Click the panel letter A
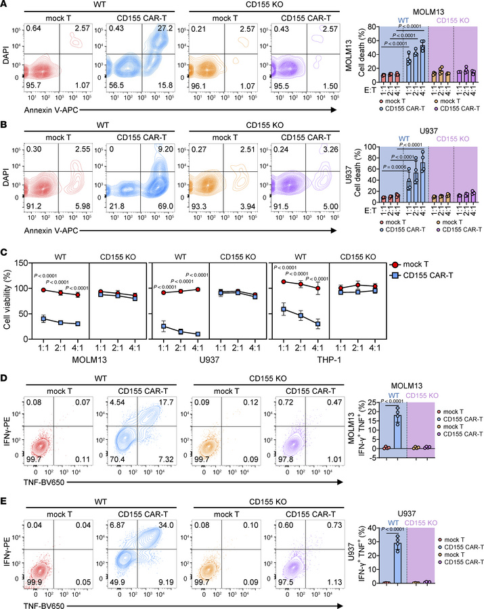pos(5,5)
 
